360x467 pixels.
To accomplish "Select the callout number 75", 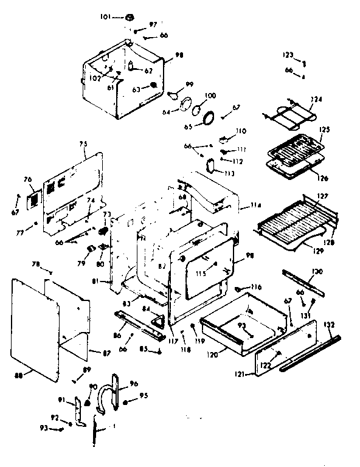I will coord(83,144).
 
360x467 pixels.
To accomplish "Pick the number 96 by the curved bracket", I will coord(134,384).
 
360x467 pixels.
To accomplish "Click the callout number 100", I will coord(210,95).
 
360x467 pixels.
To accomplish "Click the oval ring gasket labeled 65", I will coord(209,118).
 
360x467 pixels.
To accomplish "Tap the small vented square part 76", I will coord(35,198).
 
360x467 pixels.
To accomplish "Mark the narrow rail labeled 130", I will coord(302,284).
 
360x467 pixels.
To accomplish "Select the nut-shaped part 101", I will coord(131,16).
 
